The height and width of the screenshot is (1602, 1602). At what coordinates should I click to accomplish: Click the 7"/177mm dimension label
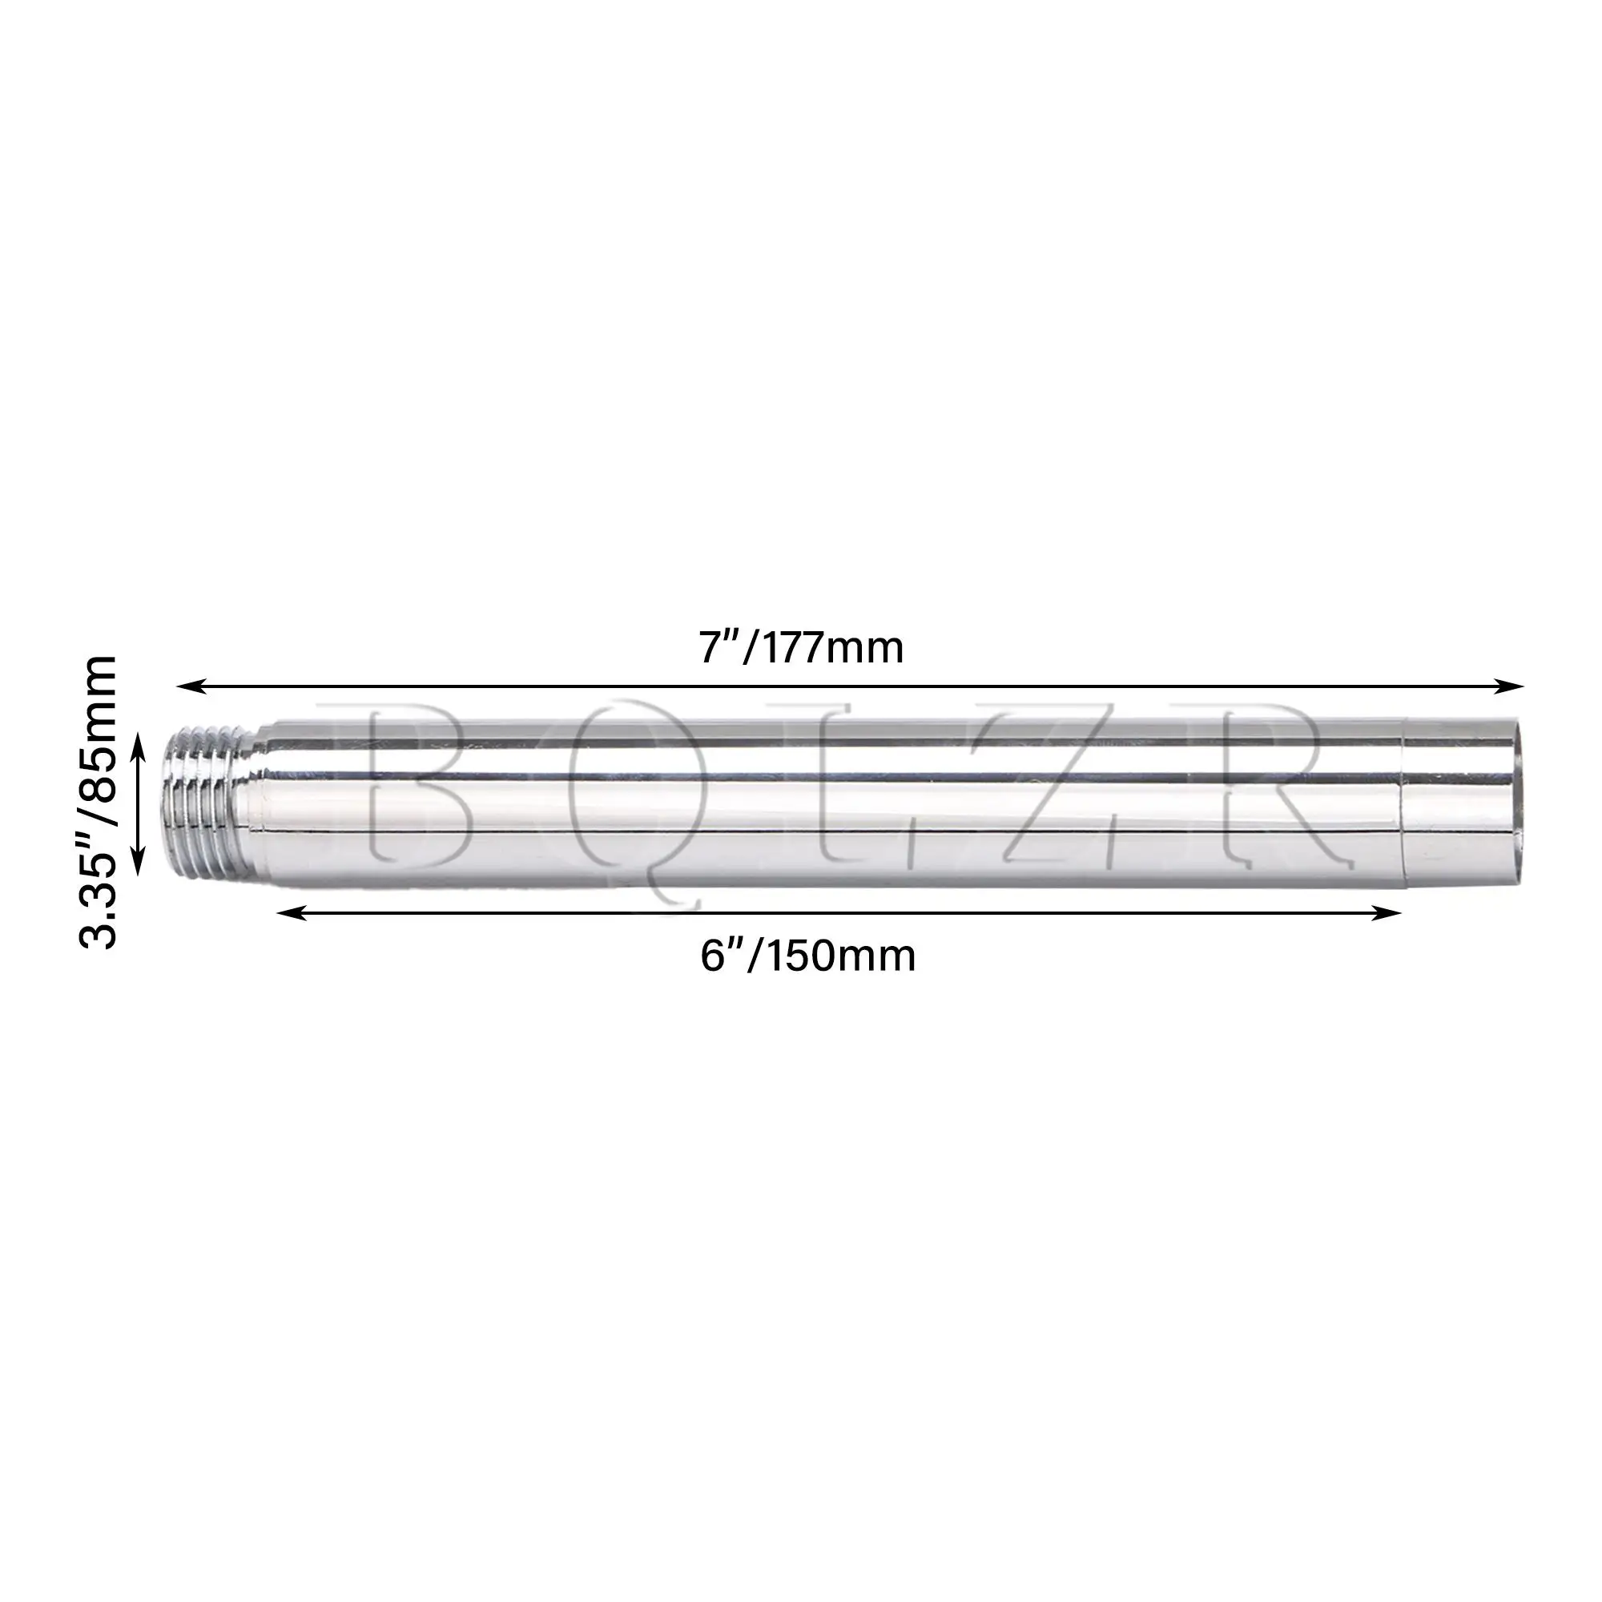click(x=801, y=647)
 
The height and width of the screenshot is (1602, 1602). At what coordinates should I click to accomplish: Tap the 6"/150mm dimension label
click(x=807, y=956)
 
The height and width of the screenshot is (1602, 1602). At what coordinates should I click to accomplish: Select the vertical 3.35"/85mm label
click(x=98, y=801)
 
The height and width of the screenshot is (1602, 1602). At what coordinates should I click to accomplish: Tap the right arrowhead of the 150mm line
click(x=1386, y=913)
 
